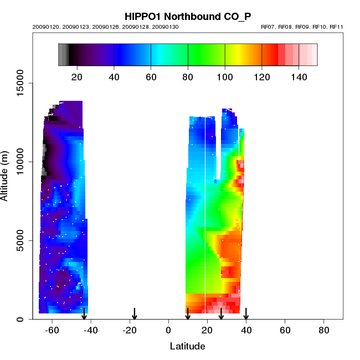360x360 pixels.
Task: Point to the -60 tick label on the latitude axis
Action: (x=52, y=330)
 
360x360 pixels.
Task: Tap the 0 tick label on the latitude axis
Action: (x=168, y=330)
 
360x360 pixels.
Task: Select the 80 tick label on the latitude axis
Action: (x=324, y=330)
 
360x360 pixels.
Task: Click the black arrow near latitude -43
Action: (x=84, y=314)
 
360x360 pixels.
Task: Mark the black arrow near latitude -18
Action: (x=134, y=314)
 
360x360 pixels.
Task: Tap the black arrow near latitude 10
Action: (x=188, y=314)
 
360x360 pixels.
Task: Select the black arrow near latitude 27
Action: (x=221, y=314)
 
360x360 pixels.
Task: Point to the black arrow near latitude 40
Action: (x=246, y=314)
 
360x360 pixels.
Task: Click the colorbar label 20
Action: (x=77, y=76)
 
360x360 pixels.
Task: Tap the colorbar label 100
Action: (x=225, y=76)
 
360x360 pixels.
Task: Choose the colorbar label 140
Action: (x=299, y=76)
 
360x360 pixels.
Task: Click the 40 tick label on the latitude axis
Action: (x=246, y=330)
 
